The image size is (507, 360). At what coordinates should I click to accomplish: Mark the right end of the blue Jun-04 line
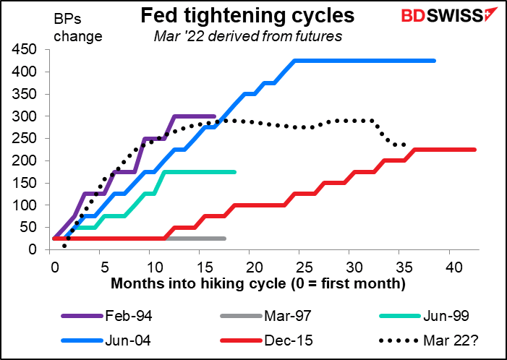click(x=435, y=61)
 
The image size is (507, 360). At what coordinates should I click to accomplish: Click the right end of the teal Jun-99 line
click(x=235, y=172)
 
